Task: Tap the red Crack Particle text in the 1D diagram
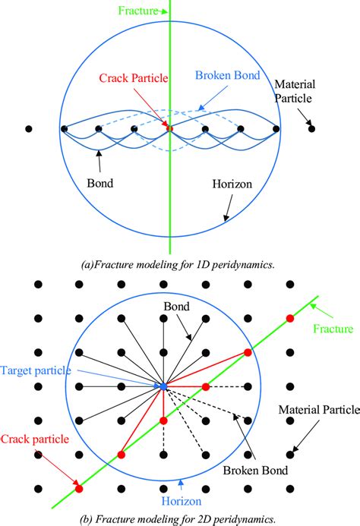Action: pyautogui.click(x=134, y=78)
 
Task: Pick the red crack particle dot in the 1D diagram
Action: pyautogui.click(x=169, y=128)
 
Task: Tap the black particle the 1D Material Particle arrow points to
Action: pyautogui.click(x=312, y=129)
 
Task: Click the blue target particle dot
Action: pyautogui.click(x=163, y=387)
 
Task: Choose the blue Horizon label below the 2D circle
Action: pyautogui.click(x=201, y=502)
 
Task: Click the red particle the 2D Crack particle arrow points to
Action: pyautogui.click(x=78, y=489)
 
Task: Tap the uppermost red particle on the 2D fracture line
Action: pyautogui.click(x=289, y=317)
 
